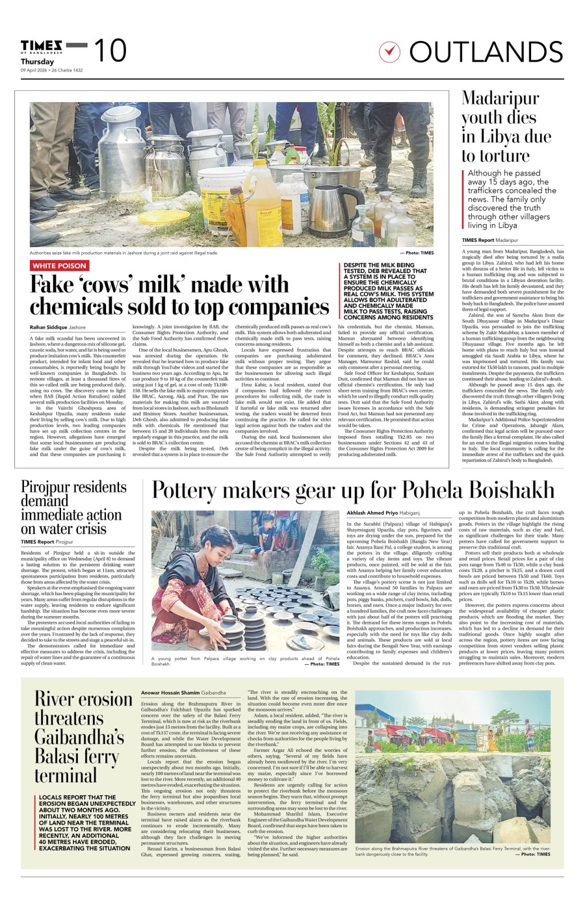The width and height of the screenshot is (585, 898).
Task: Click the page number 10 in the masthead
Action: click(x=110, y=51)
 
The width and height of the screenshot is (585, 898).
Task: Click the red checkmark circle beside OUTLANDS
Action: click(x=389, y=51)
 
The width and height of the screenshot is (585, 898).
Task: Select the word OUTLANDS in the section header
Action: click(x=486, y=52)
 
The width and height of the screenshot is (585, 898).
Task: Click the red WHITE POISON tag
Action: click(x=60, y=266)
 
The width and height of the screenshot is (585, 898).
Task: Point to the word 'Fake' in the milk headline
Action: click(x=54, y=285)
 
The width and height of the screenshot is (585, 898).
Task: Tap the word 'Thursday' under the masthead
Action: click(x=37, y=62)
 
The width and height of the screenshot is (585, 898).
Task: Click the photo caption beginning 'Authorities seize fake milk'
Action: click(x=123, y=253)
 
